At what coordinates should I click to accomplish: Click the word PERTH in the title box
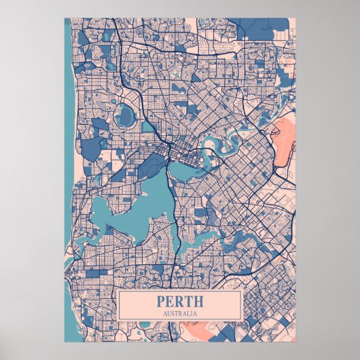[x=180, y=301]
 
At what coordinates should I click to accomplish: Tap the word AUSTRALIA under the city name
[x=180, y=313]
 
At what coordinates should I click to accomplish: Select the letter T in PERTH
[x=188, y=301]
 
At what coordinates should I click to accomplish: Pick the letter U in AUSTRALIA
[x=169, y=313]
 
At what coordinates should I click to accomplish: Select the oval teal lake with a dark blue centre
[x=126, y=116]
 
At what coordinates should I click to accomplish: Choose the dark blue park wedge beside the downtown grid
[x=156, y=163]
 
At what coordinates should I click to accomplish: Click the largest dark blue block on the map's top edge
[x=258, y=29]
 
